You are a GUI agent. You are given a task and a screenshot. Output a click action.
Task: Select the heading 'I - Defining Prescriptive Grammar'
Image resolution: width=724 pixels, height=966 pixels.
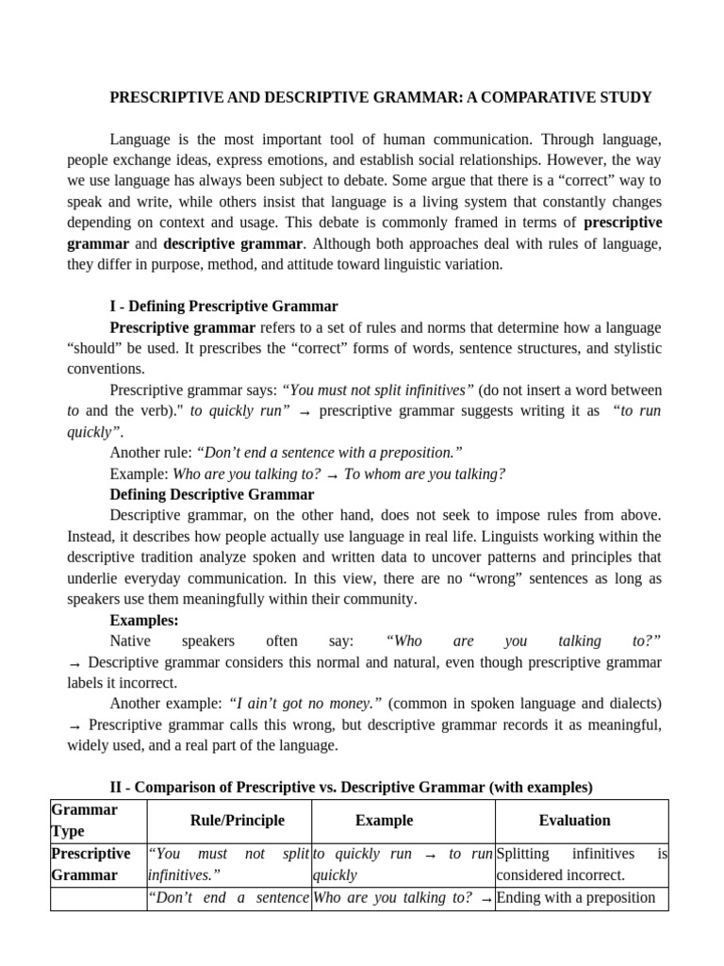[x=223, y=307]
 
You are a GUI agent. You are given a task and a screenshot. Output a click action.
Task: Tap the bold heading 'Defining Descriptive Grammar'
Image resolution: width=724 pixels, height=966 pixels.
[x=212, y=494]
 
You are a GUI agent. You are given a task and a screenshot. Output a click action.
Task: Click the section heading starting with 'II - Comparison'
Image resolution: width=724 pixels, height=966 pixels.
[x=351, y=787]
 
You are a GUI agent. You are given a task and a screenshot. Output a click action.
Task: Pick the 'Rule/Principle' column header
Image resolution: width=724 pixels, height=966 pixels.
[x=237, y=821]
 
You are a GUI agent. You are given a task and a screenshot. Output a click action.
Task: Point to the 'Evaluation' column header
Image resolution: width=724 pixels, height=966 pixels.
[x=574, y=821]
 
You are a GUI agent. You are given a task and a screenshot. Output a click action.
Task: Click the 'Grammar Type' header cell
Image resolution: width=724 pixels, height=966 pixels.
[x=84, y=821]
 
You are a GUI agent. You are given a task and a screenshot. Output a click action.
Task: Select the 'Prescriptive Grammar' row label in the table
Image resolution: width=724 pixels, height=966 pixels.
[x=90, y=864]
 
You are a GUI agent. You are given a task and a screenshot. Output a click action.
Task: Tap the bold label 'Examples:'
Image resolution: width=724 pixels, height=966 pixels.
[x=144, y=620]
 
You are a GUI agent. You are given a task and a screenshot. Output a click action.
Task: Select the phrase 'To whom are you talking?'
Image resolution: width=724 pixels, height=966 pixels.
[x=424, y=474]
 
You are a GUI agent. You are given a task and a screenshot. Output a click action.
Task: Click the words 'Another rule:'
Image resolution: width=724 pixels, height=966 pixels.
[x=151, y=452]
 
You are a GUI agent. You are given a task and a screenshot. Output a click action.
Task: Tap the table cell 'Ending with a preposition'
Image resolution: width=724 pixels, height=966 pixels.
[x=575, y=897]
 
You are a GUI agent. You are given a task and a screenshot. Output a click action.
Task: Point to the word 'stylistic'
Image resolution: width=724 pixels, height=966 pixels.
[x=632, y=348]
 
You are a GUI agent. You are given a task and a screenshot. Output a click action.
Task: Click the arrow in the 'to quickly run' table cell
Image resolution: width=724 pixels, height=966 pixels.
[x=430, y=854]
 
